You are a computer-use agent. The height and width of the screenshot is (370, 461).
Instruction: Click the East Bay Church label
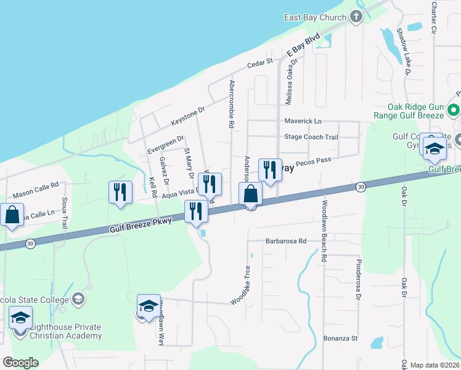click(x=315, y=17)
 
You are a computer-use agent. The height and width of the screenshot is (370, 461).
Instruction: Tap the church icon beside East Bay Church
click(x=356, y=17)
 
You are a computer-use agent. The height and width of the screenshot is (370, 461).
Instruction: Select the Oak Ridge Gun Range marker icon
click(x=454, y=111)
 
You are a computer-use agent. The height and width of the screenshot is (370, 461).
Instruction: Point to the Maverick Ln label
click(x=303, y=121)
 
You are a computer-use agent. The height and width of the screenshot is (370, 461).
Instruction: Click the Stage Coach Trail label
click(x=311, y=137)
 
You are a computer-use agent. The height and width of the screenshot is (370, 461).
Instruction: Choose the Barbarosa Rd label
click(x=285, y=241)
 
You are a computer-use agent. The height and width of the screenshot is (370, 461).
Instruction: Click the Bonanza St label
click(x=341, y=339)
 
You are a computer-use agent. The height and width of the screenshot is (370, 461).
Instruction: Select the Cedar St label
click(x=259, y=62)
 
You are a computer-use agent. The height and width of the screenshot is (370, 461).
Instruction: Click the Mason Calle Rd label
click(x=35, y=184)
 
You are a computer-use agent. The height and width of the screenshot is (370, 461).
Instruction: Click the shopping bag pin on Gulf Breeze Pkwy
click(x=250, y=194)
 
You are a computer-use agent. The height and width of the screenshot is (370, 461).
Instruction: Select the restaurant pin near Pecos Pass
click(x=269, y=170)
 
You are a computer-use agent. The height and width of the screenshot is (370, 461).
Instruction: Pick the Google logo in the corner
click(x=20, y=363)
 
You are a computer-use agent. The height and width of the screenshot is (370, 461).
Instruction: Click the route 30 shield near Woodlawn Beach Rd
click(x=360, y=186)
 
